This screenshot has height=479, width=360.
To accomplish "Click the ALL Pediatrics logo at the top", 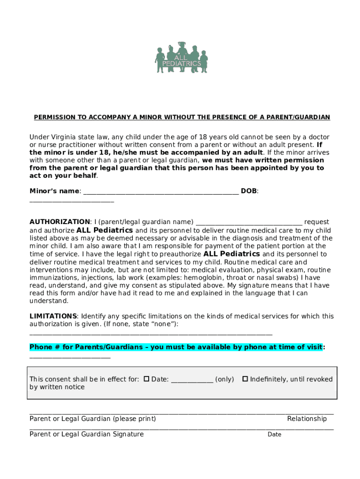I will (181, 58).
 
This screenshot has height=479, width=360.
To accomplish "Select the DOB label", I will (249, 191).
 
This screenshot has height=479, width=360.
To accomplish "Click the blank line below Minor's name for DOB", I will (72, 201).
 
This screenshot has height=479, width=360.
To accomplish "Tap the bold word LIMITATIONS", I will (53, 316).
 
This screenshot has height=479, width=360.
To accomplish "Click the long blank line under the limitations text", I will (151, 334).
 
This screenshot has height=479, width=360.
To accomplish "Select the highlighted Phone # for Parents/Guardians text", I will (176, 347).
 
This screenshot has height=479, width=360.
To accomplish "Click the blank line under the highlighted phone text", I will (70, 357).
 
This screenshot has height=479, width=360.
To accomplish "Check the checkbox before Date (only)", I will (146, 379).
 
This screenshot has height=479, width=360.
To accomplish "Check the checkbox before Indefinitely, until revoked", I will (245, 379).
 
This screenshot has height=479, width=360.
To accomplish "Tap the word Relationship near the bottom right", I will (307, 419).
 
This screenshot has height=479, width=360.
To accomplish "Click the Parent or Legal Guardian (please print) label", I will (93, 419).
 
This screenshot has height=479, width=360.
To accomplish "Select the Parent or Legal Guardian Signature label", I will (86, 434).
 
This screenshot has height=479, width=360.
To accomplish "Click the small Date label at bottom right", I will (274, 435).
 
